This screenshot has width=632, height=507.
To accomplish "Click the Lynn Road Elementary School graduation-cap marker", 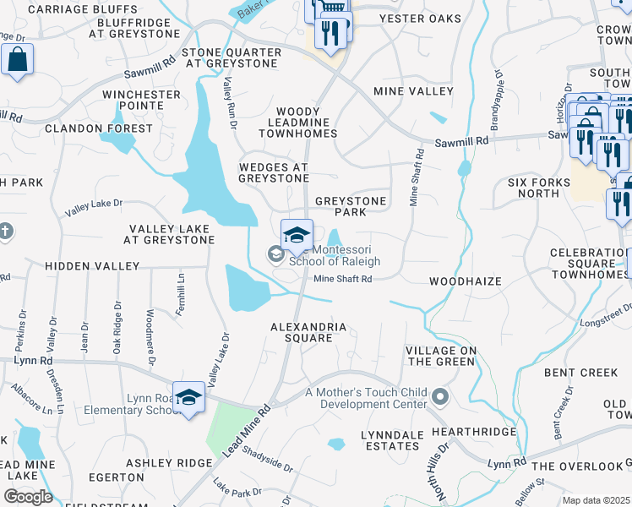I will point(190,398).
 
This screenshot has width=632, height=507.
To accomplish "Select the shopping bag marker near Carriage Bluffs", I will point(17,60).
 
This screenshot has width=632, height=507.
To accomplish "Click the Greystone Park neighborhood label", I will point(351,206).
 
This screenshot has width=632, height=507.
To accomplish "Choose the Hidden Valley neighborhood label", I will point(92,266).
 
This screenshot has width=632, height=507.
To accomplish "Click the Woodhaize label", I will point(465,281).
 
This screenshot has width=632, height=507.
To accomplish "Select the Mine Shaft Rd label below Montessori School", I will point(342,279).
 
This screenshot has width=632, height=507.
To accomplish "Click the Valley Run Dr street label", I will point(229,102).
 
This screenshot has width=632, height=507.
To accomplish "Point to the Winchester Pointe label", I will point(141,100).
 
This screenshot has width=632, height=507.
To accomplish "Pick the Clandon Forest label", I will point(99,128).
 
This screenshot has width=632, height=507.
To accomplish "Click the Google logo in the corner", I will point(27,496).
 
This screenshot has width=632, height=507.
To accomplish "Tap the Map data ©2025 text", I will point(596,500).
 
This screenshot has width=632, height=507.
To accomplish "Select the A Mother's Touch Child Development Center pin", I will point(439,395).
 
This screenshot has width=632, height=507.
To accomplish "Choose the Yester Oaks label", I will point(420,19).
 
